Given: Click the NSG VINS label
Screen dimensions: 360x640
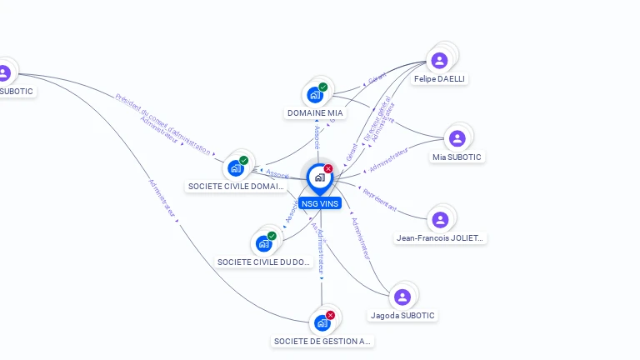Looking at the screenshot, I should (x=320, y=203).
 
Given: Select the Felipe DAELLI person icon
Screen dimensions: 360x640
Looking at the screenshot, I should (x=439, y=60).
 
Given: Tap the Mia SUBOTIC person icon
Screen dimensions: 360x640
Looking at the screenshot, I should (x=457, y=138).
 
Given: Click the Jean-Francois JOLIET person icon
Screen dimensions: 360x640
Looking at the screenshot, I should (x=440, y=220).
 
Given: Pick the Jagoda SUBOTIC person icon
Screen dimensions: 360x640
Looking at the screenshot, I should (x=402, y=297).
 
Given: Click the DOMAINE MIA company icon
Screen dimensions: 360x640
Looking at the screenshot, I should (x=314, y=94).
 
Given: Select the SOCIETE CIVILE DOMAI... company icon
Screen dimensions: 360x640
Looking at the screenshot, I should (x=236, y=168).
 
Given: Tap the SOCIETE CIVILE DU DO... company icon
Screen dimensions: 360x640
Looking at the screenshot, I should (x=263, y=243).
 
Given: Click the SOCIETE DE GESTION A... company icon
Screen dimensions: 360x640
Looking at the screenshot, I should (x=322, y=322).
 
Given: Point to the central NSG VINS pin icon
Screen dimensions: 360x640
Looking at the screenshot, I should (x=319, y=177).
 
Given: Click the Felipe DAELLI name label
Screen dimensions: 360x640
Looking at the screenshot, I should (x=439, y=79).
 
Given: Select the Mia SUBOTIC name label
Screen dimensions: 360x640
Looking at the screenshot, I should (x=457, y=157).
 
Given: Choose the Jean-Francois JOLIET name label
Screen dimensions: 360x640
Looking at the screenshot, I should (x=440, y=238).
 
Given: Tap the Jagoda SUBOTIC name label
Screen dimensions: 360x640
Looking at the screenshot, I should (x=402, y=316).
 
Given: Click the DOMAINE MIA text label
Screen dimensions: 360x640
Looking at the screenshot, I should (x=315, y=112).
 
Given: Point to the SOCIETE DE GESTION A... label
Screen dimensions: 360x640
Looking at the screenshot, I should (x=322, y=341).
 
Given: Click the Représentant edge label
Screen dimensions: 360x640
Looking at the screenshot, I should (x=379, y=200).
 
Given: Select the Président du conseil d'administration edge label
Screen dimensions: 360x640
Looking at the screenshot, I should (x=163, y=124).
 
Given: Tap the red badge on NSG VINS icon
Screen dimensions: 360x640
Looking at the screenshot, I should (x=328, y=168).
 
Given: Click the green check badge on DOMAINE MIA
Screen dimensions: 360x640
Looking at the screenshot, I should (x=323, y=87).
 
